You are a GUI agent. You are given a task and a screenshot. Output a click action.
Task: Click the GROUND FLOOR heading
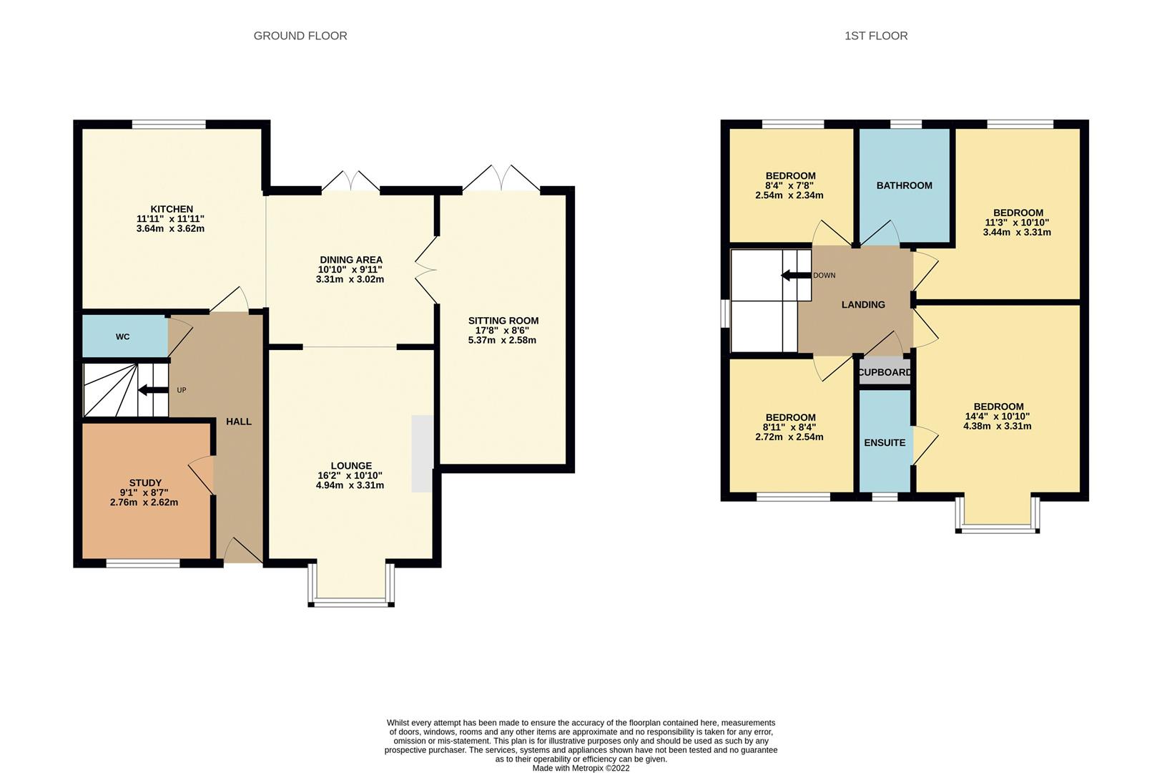click(x=300, y=36)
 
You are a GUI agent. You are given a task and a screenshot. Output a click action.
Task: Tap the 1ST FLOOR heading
click(x=876, y=36)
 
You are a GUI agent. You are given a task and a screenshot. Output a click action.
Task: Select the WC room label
click(x=123, y=336)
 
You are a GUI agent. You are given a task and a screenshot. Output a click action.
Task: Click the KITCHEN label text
click(x=171, y=209)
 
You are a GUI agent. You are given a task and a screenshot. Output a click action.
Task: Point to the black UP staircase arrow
click(x=152, y=390)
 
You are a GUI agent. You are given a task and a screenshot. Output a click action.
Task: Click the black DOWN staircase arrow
click(x=794, y=276)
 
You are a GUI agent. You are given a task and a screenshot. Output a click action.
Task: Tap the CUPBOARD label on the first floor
click(x=885, y=372)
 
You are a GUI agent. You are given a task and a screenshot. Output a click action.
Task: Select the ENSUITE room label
click(x=885, y=442)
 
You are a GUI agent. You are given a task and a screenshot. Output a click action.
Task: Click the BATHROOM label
click(x=904, y=185)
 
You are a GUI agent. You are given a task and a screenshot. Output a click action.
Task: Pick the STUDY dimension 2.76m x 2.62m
click(x=144, y=502)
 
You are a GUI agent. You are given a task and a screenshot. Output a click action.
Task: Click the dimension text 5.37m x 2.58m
click(x=502, y=340)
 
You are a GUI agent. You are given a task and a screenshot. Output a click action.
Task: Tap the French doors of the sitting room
click(x=501, y=179)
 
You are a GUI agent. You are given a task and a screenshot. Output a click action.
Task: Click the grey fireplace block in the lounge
click(x=422, y=454)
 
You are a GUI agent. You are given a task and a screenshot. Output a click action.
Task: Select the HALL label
click(x=239, y=422)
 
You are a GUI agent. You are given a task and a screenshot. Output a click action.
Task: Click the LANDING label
click(x=863, y=304)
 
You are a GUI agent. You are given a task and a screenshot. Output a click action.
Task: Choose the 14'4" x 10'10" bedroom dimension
click(x=997, y=416)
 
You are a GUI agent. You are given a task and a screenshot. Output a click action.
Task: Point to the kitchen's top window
click(x=169, y=125)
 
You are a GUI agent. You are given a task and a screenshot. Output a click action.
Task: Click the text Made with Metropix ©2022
click(x=581, y=768)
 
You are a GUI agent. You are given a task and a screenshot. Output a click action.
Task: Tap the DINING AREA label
click(x=350, y=260)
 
